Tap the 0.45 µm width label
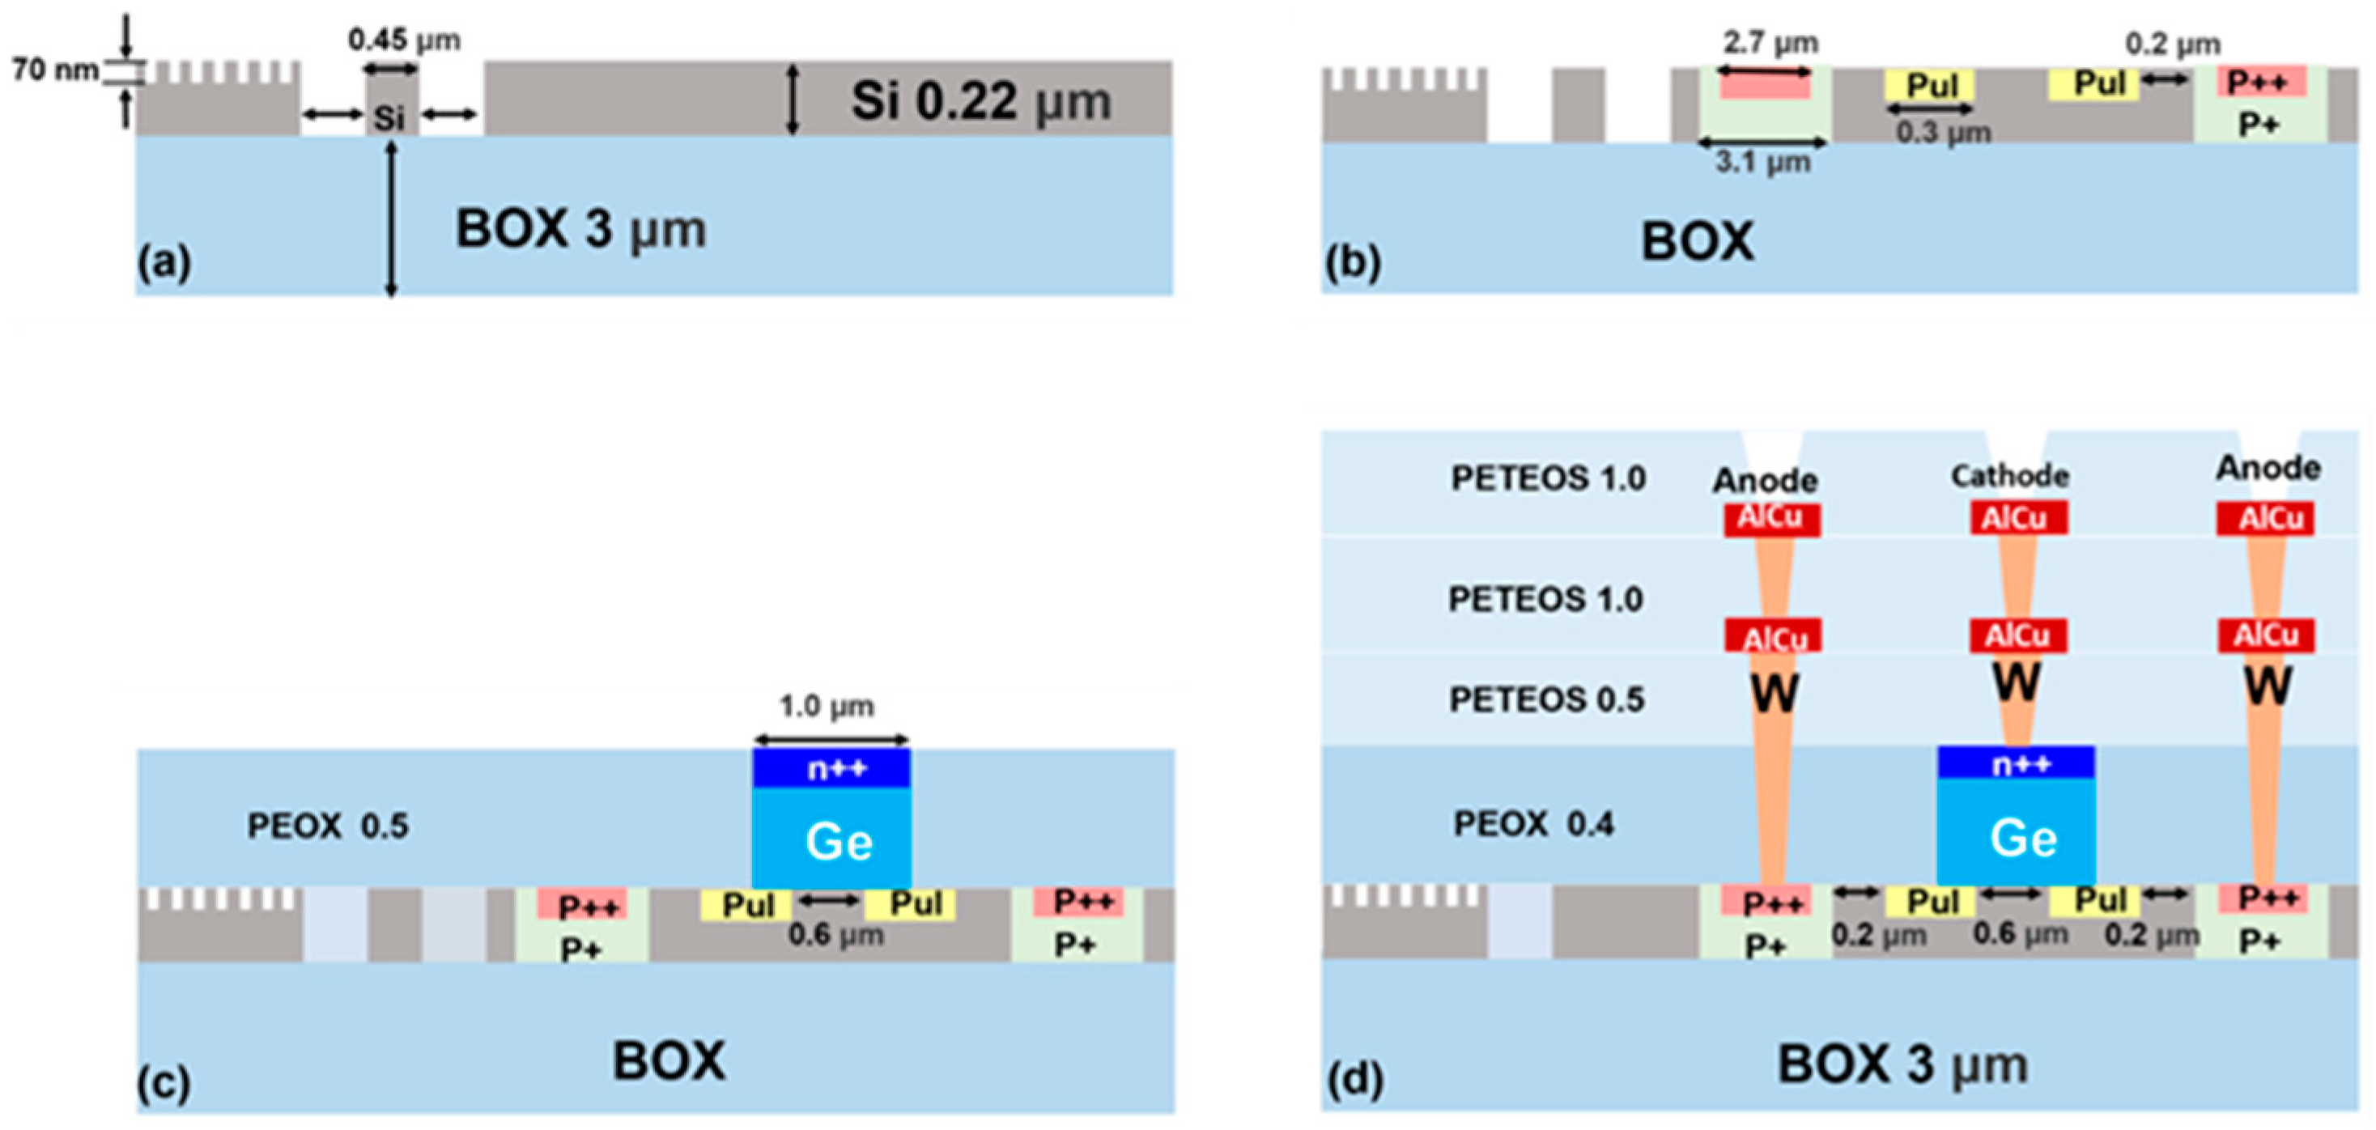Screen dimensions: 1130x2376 (404, 40)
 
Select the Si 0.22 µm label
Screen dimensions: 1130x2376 (980, 100)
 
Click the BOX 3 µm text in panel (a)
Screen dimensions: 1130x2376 (581, 229)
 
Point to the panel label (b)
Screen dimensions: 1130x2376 (1353, 263)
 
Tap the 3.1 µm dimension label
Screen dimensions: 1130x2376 (1762, 164)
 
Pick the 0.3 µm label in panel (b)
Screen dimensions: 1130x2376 (1944, 133)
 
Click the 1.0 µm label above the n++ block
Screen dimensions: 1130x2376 (827, 707)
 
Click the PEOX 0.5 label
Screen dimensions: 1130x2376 (327, 826)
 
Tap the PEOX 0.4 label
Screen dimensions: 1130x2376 (1534, 824)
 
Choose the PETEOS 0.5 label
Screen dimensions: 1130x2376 (1547, 699)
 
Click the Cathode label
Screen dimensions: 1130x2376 (2010, 476)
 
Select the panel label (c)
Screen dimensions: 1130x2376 (164, 1083)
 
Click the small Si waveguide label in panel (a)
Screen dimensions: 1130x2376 (389, 117)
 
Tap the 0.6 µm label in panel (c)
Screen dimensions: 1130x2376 (835, 936)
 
